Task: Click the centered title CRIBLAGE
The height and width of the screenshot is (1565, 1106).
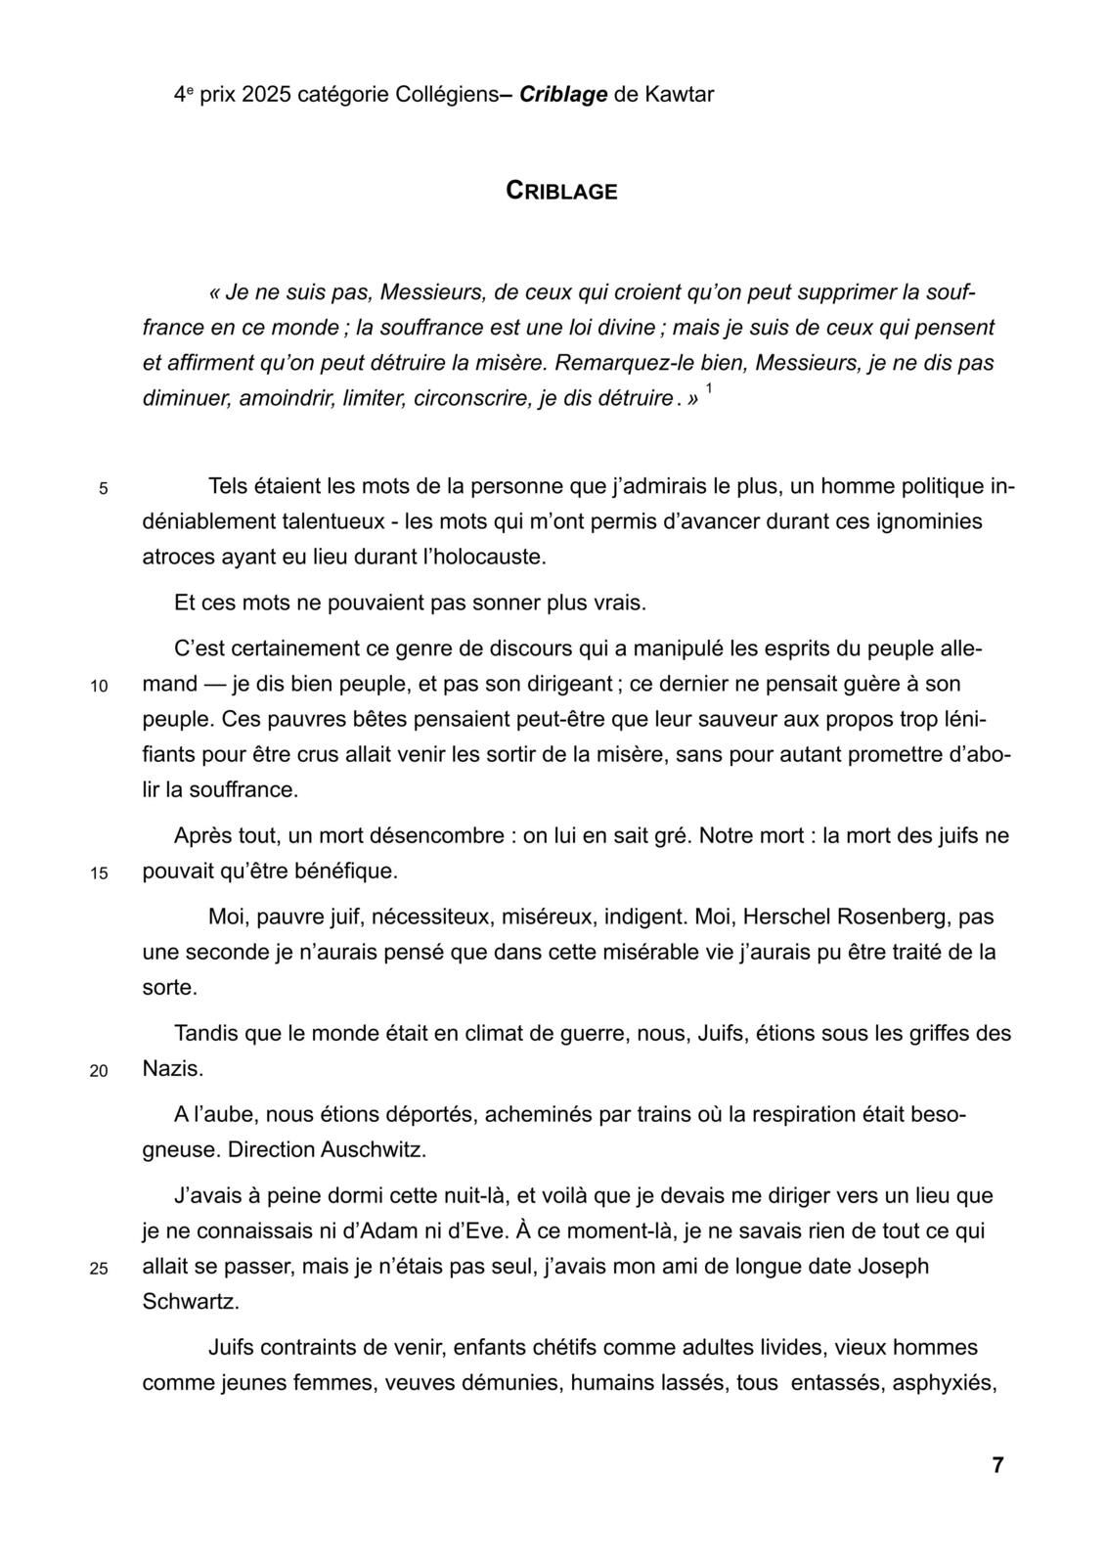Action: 561,191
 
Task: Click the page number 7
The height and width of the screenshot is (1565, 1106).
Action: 997,1464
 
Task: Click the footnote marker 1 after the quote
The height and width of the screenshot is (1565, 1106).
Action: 709,389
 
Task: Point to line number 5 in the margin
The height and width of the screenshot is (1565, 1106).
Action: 104,489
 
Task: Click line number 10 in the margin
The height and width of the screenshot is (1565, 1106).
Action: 99,687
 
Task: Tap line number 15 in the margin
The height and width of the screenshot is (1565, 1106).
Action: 99,874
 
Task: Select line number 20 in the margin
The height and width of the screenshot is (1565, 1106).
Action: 99,1071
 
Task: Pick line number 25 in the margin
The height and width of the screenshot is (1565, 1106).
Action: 99,1270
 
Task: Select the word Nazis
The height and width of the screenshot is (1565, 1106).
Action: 173,1068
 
